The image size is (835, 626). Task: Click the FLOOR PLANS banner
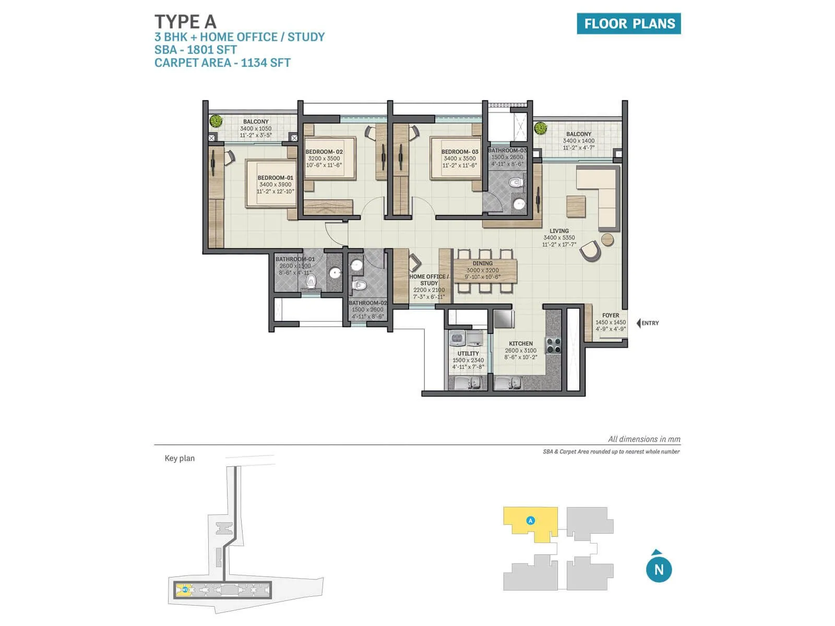click(628, 23)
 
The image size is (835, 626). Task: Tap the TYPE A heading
click(185, 22)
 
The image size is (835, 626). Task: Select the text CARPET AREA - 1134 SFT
click(222, 63)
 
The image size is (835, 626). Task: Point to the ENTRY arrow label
click(648, 323)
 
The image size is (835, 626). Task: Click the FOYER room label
click(611, 316)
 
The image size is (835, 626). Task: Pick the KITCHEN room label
click(521, 344)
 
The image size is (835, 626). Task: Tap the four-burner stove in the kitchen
click(553, 345)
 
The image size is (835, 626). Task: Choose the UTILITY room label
click(468, 354)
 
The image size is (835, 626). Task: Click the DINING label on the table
click(482, 263)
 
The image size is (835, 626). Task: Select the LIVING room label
click(559, 231)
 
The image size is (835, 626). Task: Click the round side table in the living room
click(607, 240)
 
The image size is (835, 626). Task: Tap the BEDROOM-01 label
click(276, 178)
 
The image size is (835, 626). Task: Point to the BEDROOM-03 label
click(460, 152)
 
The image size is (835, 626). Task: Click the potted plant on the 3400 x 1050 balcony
click(216, 122)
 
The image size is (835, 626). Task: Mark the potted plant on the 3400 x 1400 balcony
click(540, 128)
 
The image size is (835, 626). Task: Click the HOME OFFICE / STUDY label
click(429, 280)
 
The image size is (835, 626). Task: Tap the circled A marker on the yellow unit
click(530, 520)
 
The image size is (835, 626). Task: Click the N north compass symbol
click(659, 569)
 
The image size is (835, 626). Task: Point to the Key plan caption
click(180, 459)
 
